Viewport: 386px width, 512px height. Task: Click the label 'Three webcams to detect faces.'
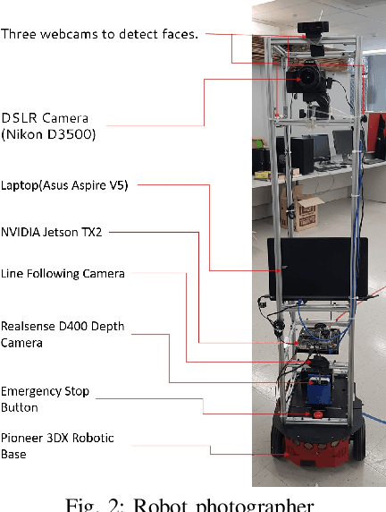tap(99, 34)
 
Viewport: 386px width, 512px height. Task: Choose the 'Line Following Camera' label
tap(63, 272)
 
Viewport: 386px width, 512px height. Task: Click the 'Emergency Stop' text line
tap(45, 390)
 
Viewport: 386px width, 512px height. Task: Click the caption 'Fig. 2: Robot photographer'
tap(193, 503)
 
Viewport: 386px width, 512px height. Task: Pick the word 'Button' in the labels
tap(20, 406)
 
